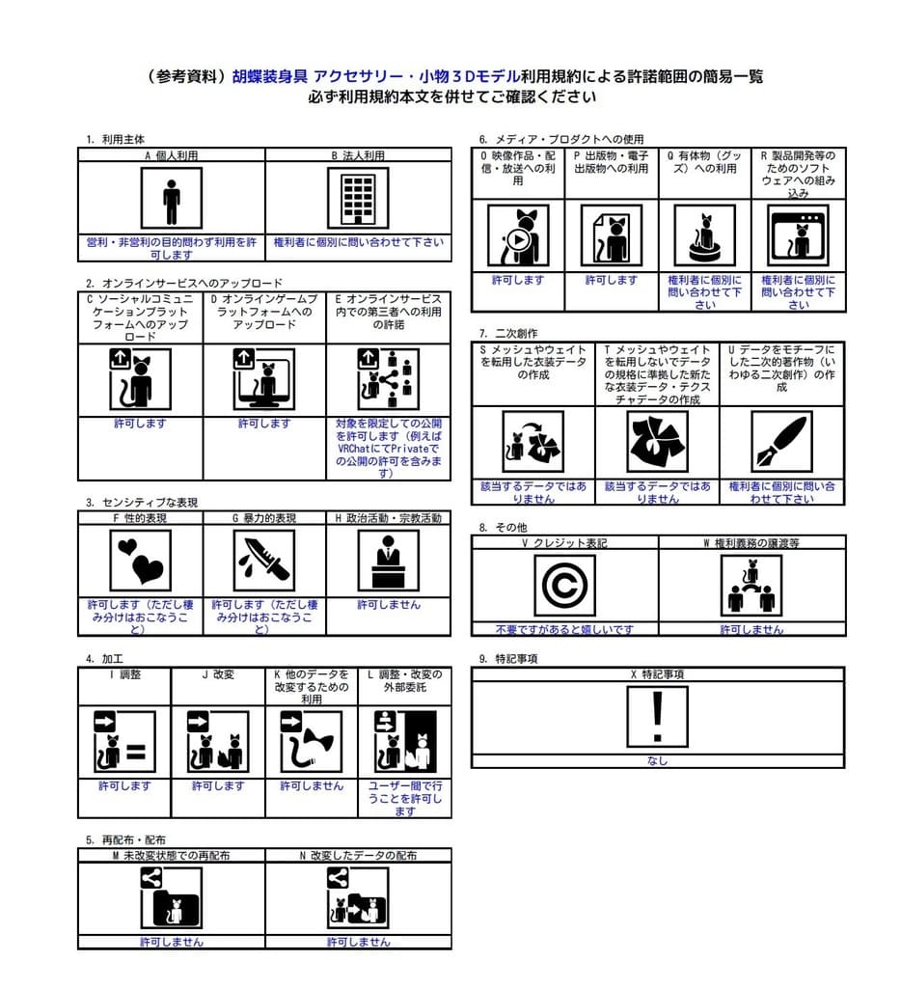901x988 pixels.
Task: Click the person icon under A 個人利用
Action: pos(172,198)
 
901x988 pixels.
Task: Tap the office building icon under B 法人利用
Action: pos(358,198)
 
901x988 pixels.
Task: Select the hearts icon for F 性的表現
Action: pos(140,560)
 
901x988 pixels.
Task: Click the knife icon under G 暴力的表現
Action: pos(264,560)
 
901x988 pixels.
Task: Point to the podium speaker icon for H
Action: pos(388,560)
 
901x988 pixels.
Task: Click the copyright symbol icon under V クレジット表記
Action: pos(564,585)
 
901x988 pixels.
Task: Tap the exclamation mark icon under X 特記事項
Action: pos(658,717)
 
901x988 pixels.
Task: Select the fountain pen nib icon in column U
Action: pos(781,441)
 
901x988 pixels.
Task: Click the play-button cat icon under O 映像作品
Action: pos(518,234)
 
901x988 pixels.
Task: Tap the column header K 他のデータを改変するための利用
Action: pos(311,686)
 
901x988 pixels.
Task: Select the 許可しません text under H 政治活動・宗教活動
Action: pos(388,604)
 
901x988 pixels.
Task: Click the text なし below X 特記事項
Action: pos(658,760)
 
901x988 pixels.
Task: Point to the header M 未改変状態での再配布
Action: pos(171,855)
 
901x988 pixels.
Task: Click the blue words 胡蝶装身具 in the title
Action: pos(270,76)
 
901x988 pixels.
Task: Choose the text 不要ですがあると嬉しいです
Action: pos(564,629)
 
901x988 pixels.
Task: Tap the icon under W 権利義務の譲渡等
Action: pos(751,585)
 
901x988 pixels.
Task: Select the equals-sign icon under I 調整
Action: pos(124,742)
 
